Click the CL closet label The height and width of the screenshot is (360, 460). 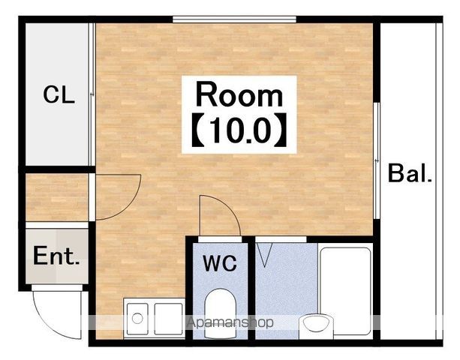pos(59,94)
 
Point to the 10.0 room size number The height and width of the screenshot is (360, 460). pos(239,130)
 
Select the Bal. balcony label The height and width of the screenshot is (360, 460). pos(410,173)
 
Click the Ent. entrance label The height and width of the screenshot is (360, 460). pos(56,256)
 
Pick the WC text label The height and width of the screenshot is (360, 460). pos(220,263)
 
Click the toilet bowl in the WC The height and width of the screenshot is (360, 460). pos(220,313)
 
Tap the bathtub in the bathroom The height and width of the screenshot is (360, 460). pos(345,291)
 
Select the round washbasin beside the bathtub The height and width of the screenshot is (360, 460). pos(317,325)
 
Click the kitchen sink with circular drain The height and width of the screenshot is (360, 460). pos(137,319)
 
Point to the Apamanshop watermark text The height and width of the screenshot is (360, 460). pos(230,322)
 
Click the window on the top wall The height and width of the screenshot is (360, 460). pos(234,19)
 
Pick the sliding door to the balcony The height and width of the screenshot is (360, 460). pos(377,160)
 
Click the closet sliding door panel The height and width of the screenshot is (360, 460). pos(92,94)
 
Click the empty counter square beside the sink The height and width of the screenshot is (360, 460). pos(168,319)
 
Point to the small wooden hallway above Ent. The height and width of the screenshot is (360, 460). pos(57,197)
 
